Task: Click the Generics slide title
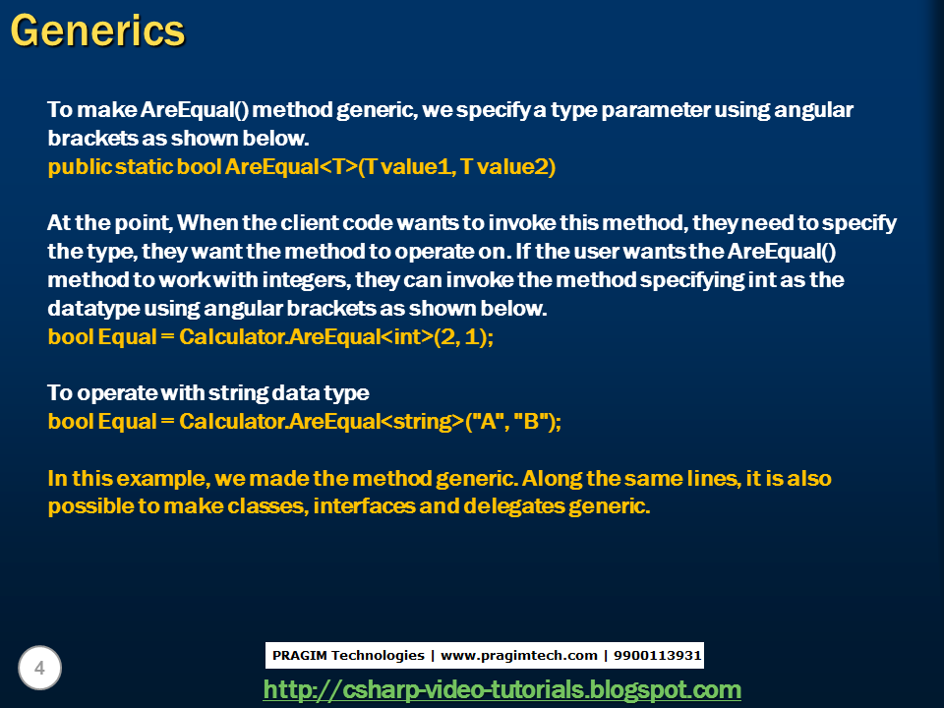coord(97,30)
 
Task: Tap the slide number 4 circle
coord(39,669)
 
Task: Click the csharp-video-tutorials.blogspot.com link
coord(501,689)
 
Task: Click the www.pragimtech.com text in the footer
coord(518,655)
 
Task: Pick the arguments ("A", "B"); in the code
coord(512,421)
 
